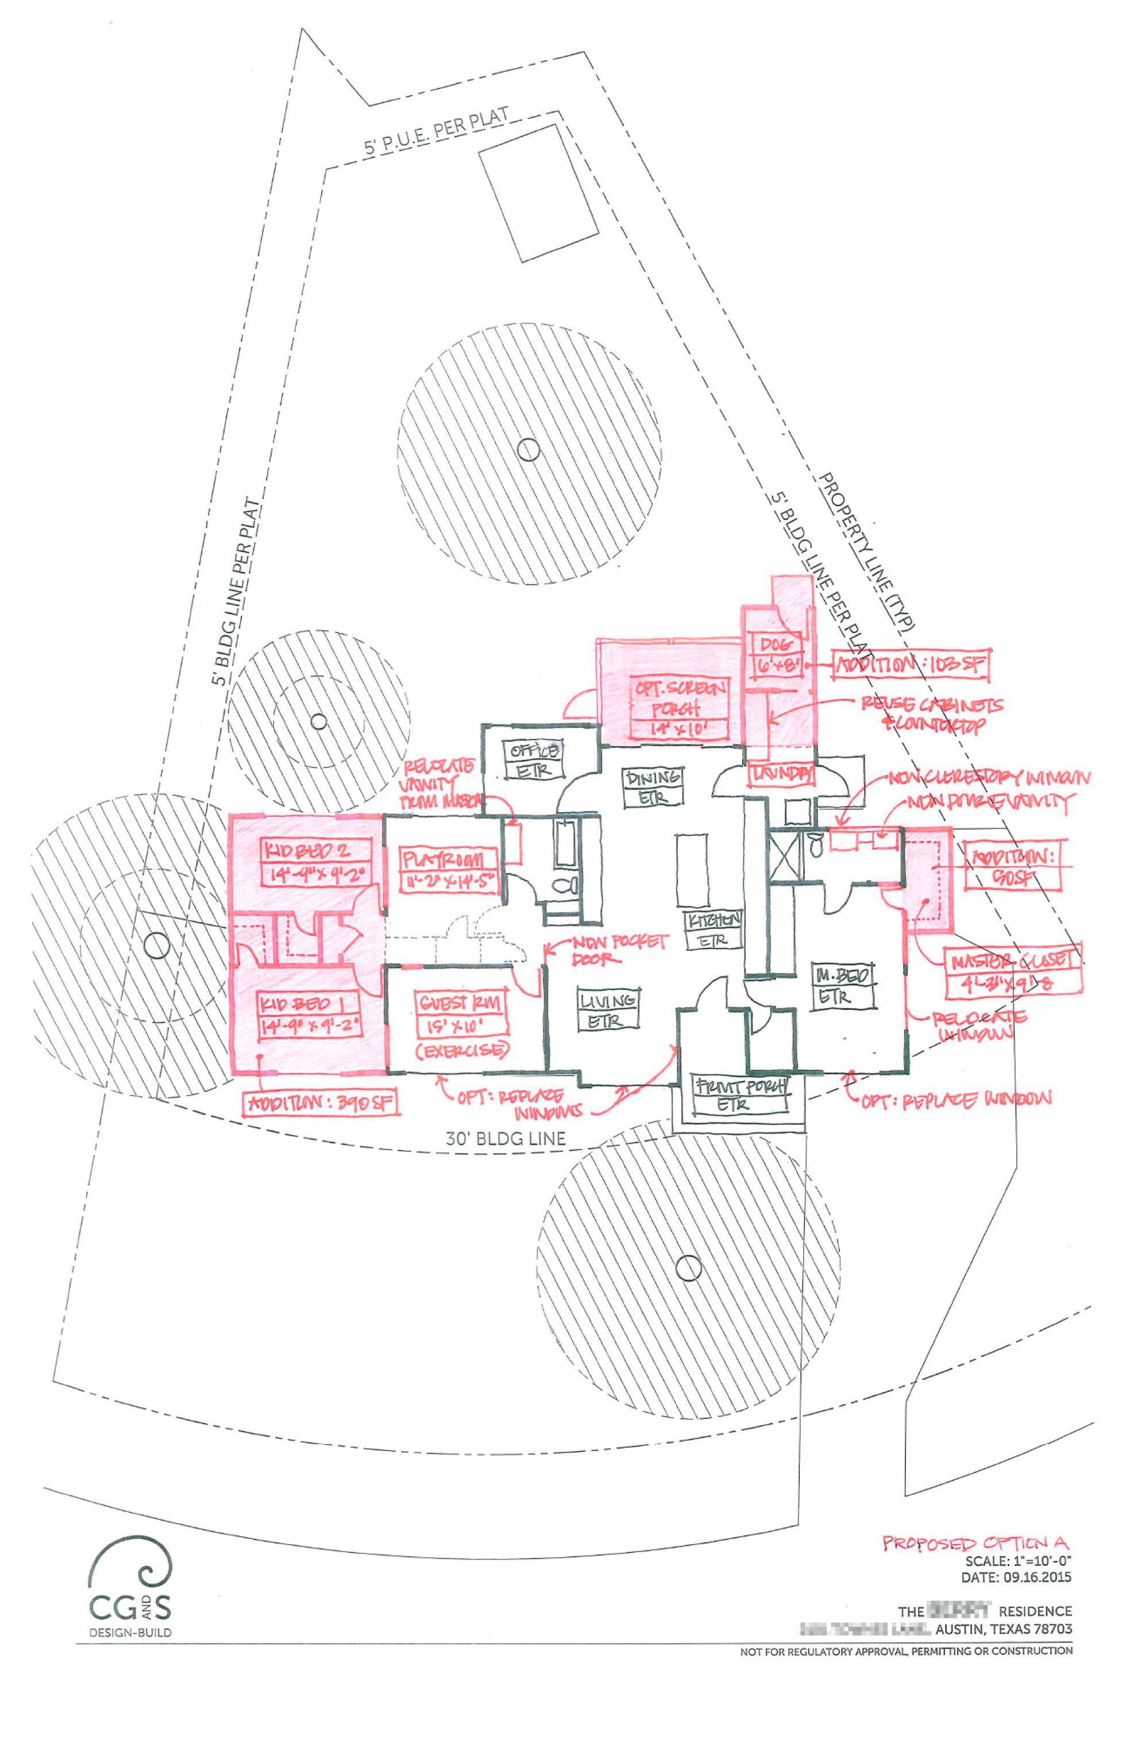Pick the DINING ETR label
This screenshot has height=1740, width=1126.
653,788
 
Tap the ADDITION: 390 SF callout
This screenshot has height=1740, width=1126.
321,1103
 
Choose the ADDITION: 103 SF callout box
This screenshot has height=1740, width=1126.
911,664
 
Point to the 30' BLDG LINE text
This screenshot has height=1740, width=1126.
505,1139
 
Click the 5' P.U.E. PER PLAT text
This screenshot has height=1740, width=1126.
437,134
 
